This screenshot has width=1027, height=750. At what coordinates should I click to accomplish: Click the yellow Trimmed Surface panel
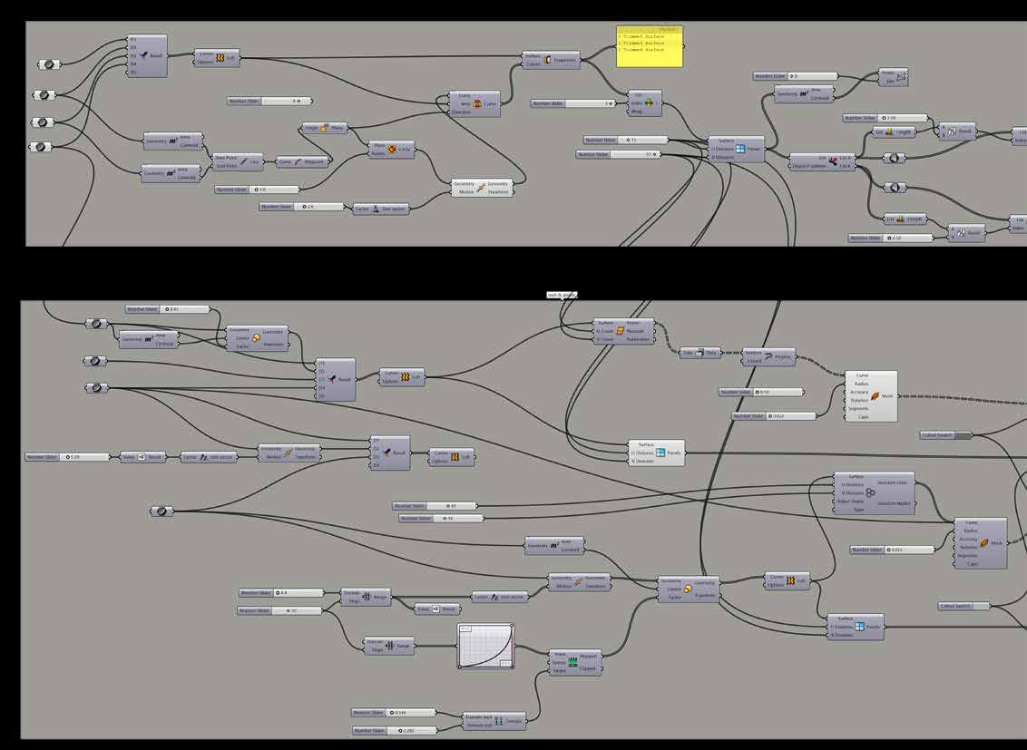[649, 46]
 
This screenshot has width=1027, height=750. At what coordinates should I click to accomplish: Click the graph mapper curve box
[485, 646]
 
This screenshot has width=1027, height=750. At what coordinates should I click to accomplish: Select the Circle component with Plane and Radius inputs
[391, 150]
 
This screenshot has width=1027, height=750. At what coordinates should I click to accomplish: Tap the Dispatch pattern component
[823, 162]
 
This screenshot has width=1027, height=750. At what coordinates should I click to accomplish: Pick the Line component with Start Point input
[238, 161]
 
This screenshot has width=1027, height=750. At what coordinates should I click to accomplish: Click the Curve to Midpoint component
[301, 161]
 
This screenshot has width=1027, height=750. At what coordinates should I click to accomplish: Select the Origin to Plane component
[325, 129]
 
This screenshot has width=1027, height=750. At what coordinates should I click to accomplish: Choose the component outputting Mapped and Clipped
[575, 663]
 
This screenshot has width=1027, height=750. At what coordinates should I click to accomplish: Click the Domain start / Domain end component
[494, 722]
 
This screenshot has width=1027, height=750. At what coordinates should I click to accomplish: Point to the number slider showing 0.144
[394, 713]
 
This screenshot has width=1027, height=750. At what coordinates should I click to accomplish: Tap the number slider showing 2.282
[394, 730]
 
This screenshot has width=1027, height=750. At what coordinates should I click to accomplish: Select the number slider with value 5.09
[67, 457]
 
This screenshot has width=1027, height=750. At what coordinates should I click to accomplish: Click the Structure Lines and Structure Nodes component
[875, 493]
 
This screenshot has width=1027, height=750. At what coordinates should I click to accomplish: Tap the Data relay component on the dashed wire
[699, 353]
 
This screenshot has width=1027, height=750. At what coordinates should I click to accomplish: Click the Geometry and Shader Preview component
[768, 357]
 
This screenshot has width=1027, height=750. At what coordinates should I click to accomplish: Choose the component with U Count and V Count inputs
[621, 332]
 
